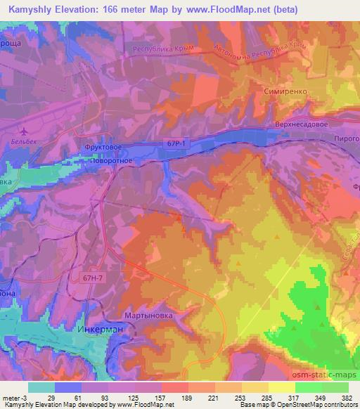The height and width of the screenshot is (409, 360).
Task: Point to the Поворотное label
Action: tap(111, 161)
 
